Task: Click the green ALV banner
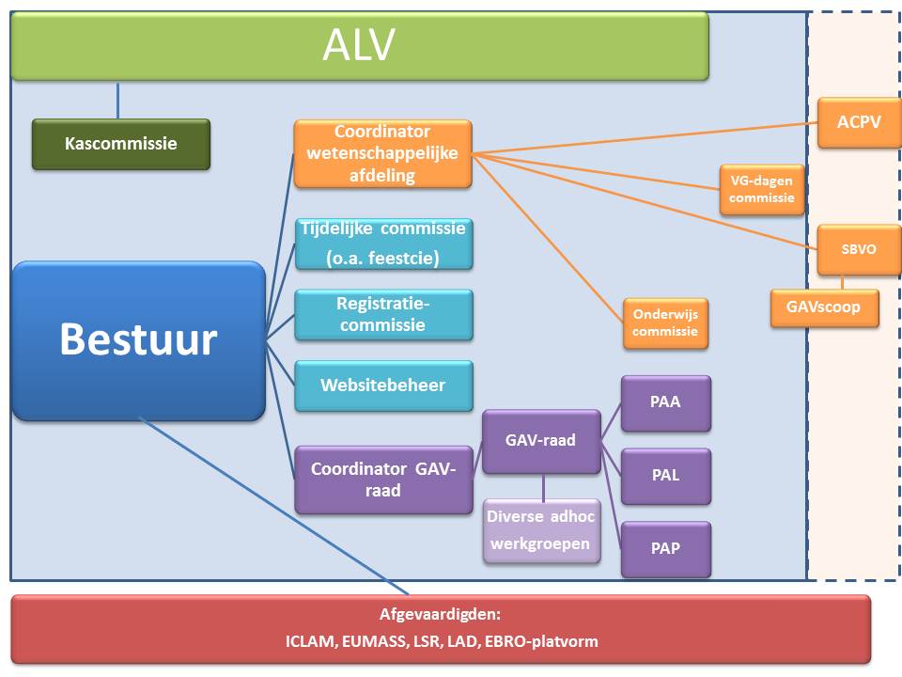pyautogui.click(x=359, y=45)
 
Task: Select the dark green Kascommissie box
pyautogui.click(x=120, y=144)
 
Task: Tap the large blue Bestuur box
pyautogui.click(x=138, y=340)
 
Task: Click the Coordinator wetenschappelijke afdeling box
pyautogui.click(x=382, y=153)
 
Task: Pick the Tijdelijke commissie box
pyautogui.click(x=382, y=244)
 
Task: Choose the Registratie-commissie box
pyautogui.click(x=382, y=315)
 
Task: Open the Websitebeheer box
pyautogui.click(x=382, y=386)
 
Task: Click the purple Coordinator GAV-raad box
pyautogui.click(x=382, y=480)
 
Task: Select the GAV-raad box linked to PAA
pyautogui.click(x=540, y=440)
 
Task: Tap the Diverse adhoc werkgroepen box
pyautogui.click(x=541, y=530)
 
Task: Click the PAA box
pyautogui.click(x=665, y=402)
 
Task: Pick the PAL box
pyautogui.click(x=665, y=476)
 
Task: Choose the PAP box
pyautogui.click(x=665, y=549)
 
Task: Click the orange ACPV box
pyautogui.click(x=859, y=121)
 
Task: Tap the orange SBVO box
pyautogui.click(x=859, y=250)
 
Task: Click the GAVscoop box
pyautogui.click(x=824, y=307)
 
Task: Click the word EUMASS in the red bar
pyautogui.click(x=363, y=642)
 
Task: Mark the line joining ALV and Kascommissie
pyautogui.click(x=117, y=100)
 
